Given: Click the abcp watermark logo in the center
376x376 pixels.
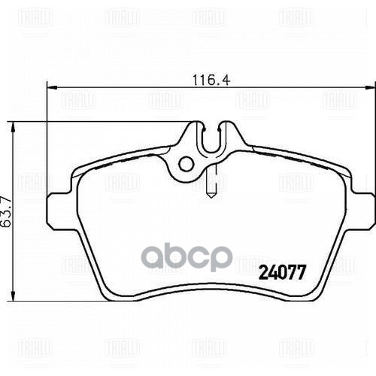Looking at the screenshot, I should point(188,256).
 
